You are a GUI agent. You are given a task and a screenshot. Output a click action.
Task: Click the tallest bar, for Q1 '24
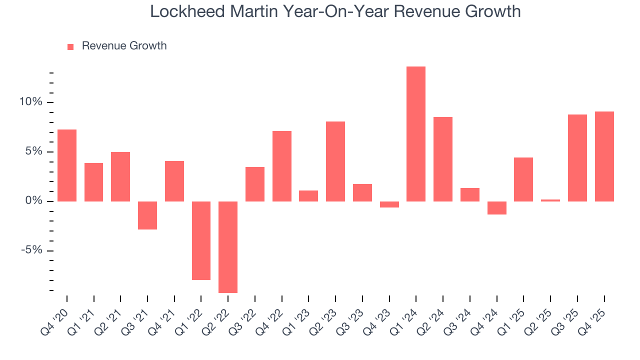pyautogui.click(x=416, y=134)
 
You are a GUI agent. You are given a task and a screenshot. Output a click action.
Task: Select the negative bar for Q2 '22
pyautogui.click(x=228, y=247)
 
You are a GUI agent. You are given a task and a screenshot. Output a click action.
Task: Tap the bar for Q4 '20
pyautogui.click(x=67, y=165)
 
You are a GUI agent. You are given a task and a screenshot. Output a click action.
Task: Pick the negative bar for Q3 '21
pyautogui.click(x=147, y=215)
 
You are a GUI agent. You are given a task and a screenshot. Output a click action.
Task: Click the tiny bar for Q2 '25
pyautogui.click(x=550, y=200)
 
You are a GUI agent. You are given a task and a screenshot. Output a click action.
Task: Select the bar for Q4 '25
pyautogui.click(x=604, y=156)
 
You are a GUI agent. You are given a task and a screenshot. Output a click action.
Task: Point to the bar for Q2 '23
pyautogui.click(x=335, y=161)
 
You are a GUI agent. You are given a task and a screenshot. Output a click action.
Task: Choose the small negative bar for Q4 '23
pyautogui.click(x=389, y=204)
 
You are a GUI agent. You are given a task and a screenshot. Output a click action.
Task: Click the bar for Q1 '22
pyautogui.click(x=201, y=240)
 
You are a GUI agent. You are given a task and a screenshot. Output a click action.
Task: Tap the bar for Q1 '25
pyautogui.click(x=523, y=179)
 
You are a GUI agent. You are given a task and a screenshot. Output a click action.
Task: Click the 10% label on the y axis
pyautogui.click(x=31, y=102)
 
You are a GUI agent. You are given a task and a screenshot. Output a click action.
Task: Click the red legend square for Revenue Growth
pyautogui.click(x=70, y=46)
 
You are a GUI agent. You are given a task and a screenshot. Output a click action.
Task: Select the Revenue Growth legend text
pyautogui.click(x=124, y=46)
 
